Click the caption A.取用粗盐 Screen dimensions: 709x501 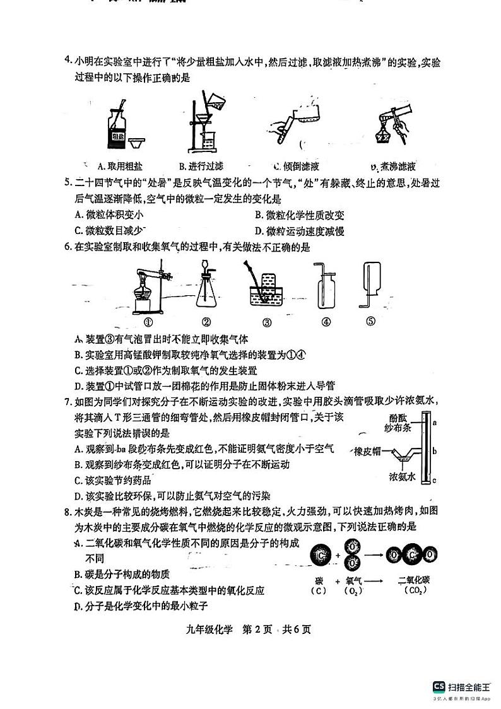click(x=120, y=167)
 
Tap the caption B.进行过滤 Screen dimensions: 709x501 click(x=201, y=167)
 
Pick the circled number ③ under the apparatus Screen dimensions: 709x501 click(x=266, y=322)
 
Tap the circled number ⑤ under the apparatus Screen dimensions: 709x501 click(x=371, y=321)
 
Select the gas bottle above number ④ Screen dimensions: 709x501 click(x=325, y=288)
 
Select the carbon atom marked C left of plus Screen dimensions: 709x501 click(x=321, y=555)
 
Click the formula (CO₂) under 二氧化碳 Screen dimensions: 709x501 click(x=413, y=591)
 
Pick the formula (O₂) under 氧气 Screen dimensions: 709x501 click(x=353, y=591)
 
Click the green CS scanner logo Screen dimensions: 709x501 click(x=439, y=688)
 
